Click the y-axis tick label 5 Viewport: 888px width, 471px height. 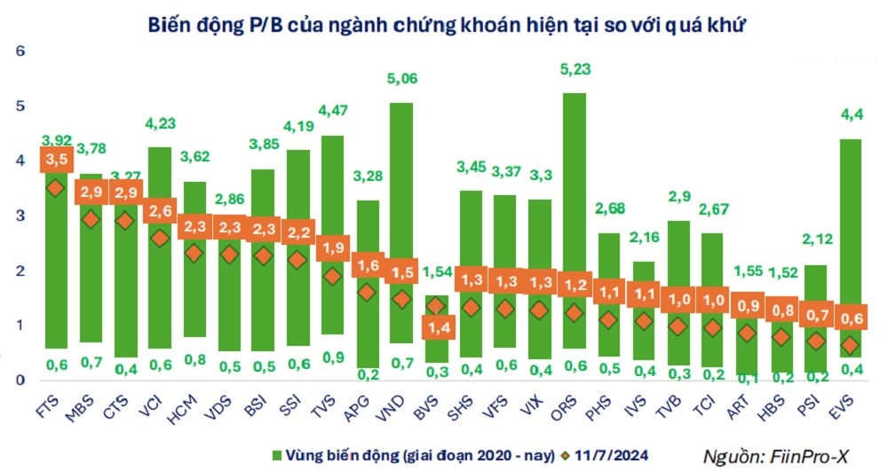(x=20, y=106)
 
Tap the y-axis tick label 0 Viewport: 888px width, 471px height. (x=20, y=381)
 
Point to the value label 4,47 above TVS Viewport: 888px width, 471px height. (x=332, y=110)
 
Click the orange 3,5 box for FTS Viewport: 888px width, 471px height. (x=55, y=160)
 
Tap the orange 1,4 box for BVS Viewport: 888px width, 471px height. (x=436, y=328)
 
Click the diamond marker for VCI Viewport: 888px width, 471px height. (x=159, y=238)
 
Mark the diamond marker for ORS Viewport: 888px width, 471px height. (x=575, y=313)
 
